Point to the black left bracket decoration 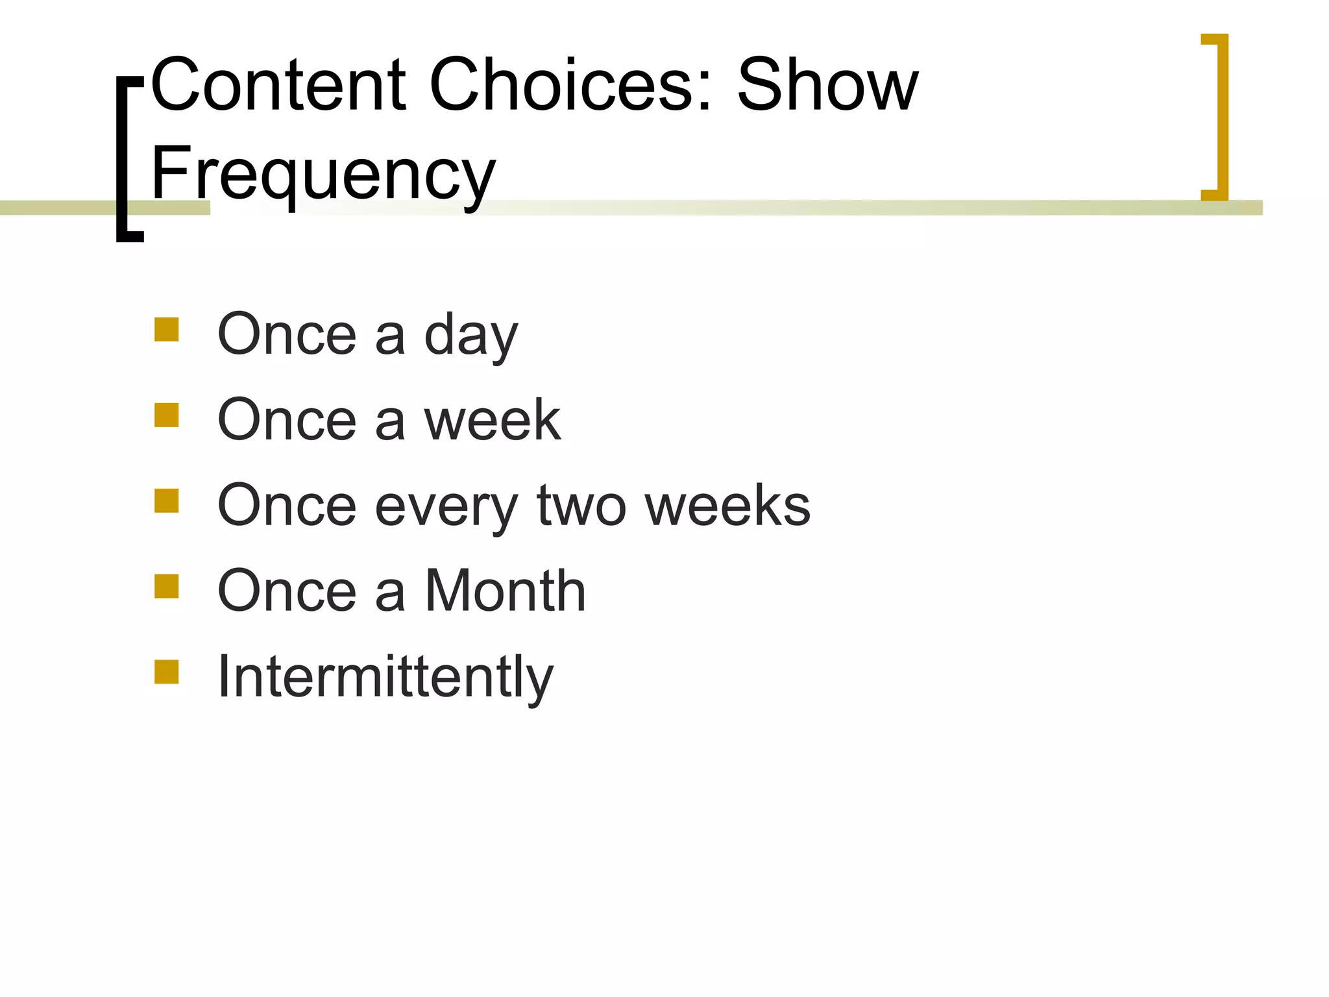tap(122, 159)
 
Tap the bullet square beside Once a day tap(167, 330)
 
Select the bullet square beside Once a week tap(167, 415)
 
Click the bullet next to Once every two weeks tap(167, 501)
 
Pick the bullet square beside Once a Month tap(167, 586)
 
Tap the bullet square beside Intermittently tap(167, 672)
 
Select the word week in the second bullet tap(493, 421)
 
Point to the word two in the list tap(582, 506)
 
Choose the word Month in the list tap(506, 591)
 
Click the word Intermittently tap(385, 678)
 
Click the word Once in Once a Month tap(287, 591)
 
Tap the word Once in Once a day tap(287, 335)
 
